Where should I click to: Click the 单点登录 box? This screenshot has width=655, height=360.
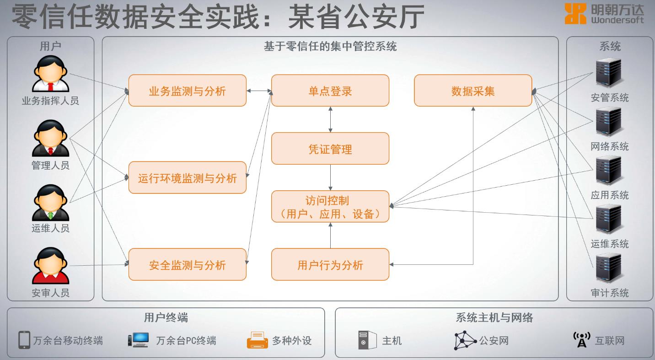click(x=330, y=91)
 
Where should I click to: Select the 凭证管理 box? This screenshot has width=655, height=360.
click(x=330, y=149)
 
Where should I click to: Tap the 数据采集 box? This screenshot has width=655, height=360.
click(x=473, y=91)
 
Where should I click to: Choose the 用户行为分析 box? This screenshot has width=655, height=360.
click(x=330, y=264)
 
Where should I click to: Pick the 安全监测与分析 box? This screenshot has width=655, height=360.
click(x=188, y=264)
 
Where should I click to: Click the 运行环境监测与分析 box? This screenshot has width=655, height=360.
click(x=188, y=177)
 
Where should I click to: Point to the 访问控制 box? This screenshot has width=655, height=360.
click(x=330, y=206)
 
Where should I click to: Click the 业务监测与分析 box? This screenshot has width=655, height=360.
click(x=188, y=91)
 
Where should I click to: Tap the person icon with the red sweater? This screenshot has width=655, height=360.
click(x=51, y=266)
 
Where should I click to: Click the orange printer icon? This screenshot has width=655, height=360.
click(x=258, y=340)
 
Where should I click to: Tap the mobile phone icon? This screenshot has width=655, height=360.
click(x=24, y=340)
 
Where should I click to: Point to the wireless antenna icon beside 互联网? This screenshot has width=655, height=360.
click(x=582, y=339)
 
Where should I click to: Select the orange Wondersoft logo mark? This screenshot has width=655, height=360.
click(x=575, y=14)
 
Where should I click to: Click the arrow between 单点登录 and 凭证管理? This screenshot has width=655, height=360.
click(x=330, y=119)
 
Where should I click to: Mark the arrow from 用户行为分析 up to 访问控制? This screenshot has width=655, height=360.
click(x=330, y=236)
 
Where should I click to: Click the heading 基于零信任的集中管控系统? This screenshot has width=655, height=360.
click(x=330, y=46)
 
